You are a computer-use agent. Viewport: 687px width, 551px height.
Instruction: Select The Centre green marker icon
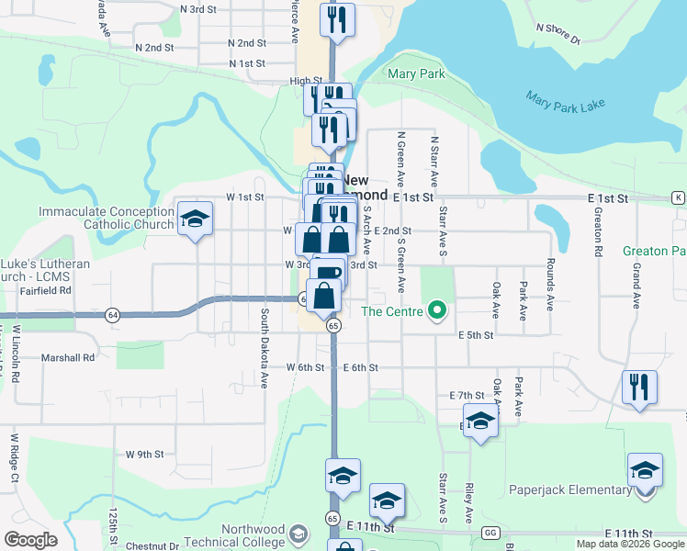[x=438, y=311]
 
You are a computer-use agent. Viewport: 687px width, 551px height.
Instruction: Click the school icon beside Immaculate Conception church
[x=194, y=219]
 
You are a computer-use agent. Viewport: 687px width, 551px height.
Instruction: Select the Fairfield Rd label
[x=45, y=290]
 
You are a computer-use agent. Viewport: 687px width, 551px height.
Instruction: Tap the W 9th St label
[x=145, y=454]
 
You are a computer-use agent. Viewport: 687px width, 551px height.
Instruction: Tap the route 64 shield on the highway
[x=112, y=313]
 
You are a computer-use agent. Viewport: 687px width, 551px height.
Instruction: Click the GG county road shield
[x=490, y=533]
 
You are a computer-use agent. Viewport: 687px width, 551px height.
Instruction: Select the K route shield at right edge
[x=678, y=197]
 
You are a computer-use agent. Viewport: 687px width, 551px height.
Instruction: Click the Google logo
[x=30, y=540]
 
